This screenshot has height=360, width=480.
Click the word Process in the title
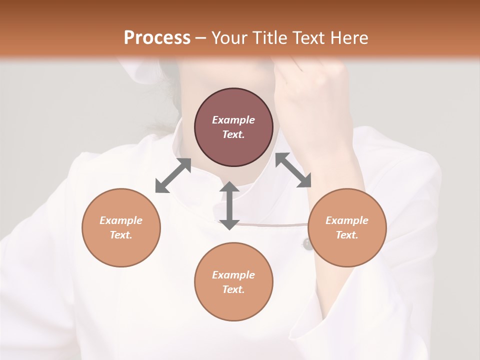157,38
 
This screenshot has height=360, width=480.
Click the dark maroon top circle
233,127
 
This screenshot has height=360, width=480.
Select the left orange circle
121,227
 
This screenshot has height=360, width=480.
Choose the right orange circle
347,227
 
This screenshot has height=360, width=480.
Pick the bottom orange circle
233,282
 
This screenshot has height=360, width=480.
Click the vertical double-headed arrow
229,205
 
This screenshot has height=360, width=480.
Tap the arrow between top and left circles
173,175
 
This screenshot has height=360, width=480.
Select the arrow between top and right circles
293,170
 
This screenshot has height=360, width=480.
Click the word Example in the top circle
233,120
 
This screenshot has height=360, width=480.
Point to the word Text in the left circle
121,235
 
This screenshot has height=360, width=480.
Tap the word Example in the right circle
347,220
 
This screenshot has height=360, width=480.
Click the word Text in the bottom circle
233,289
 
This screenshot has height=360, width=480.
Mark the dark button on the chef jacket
306,244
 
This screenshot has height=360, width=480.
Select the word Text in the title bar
309,38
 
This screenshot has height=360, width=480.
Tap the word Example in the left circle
121,220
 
